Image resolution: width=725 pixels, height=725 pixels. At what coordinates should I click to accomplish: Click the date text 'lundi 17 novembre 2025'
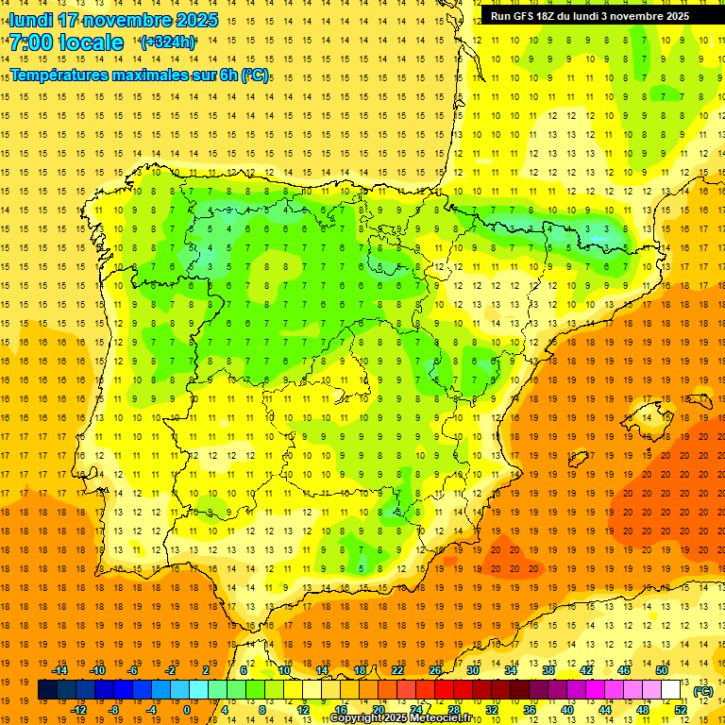point(113,20)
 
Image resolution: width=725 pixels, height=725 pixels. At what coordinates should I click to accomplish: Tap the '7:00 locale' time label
point(66,42)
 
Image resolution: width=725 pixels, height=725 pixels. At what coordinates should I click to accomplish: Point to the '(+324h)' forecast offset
point(168,42)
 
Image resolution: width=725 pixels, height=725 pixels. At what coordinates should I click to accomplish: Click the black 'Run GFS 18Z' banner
point(590,15)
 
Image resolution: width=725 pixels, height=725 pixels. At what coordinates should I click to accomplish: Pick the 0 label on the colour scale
point(186,710)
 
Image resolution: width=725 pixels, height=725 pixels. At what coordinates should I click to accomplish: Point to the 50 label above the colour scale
point(662,670)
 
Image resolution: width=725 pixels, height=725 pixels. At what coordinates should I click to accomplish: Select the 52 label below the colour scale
point(680,710)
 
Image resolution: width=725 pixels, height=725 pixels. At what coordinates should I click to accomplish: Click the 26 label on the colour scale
point(435,670)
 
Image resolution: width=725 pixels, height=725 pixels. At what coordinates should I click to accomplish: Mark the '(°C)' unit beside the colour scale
point(703,691)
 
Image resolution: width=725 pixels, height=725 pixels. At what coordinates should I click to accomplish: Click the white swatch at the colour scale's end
point(671,690)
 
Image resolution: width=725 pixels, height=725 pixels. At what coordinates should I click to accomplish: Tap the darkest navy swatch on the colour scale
point(47,690)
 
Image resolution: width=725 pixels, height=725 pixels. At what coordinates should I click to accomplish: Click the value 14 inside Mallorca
point(647,418)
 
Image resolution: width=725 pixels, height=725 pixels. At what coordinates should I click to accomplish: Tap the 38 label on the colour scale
point(548,670)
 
